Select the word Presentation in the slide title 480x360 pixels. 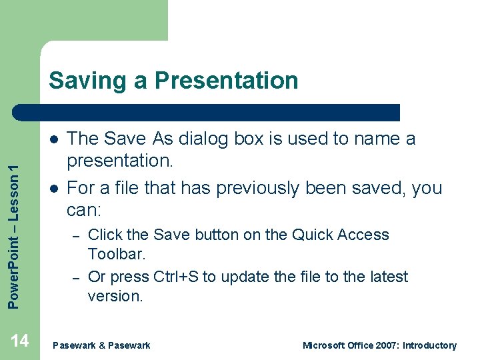[227, 81]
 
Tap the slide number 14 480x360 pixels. [20, 341]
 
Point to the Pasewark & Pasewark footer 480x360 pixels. [101, 345]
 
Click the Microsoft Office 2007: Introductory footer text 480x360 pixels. [379, 345]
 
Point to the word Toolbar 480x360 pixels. [117, 254]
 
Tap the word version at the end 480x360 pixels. [115, 296]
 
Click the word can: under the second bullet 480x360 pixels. [84, 211]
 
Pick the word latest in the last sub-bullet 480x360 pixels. [386, 277]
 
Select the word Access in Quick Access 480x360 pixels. [365, 235]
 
